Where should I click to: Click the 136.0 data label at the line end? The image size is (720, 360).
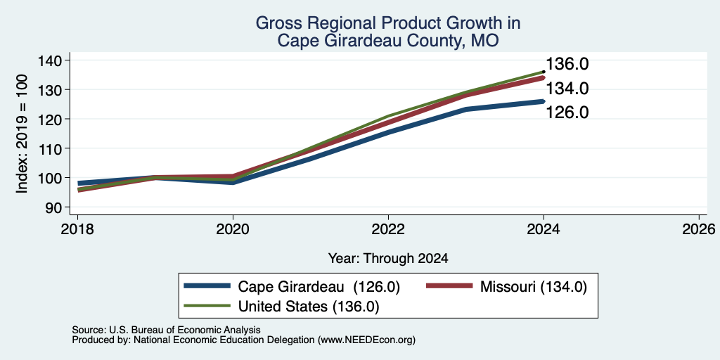pyautogui.click(x=567, y=64)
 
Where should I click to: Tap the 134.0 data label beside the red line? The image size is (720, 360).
pyautogui.click(x=567, y=88)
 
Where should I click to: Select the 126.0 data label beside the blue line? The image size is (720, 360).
pyautogui.click(x=567, y=112)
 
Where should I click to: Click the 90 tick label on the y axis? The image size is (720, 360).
pyautogui.click(x=55, y=207)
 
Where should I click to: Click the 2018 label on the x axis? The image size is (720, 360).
pyautogui.click(x=77, y=229)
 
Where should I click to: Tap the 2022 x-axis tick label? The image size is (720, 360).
pyautogui.click(x=388, y=229)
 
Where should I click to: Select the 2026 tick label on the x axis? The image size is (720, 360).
pyautogui.click(x=699, y=229)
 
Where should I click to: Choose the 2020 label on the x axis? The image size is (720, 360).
pyautogui.click(x=233, y=229)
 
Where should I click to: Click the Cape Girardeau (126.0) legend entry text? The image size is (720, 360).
pyautogui.click(x=319, y=287)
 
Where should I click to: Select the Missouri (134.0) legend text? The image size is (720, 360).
pyautogui.click(x=534, y=287)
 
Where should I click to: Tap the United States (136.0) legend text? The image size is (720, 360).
pyautogui.click(x=309, y=307)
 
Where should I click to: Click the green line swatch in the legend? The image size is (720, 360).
pyautogui.click(x=207, y=305)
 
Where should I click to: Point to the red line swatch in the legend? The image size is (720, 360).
pyautogui.click(x=449, y=286)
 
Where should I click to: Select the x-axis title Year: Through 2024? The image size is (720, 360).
pyautogui.click(x=388, y=259)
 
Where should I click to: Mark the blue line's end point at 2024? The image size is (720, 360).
pyautogui.click(x=544, y=101)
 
